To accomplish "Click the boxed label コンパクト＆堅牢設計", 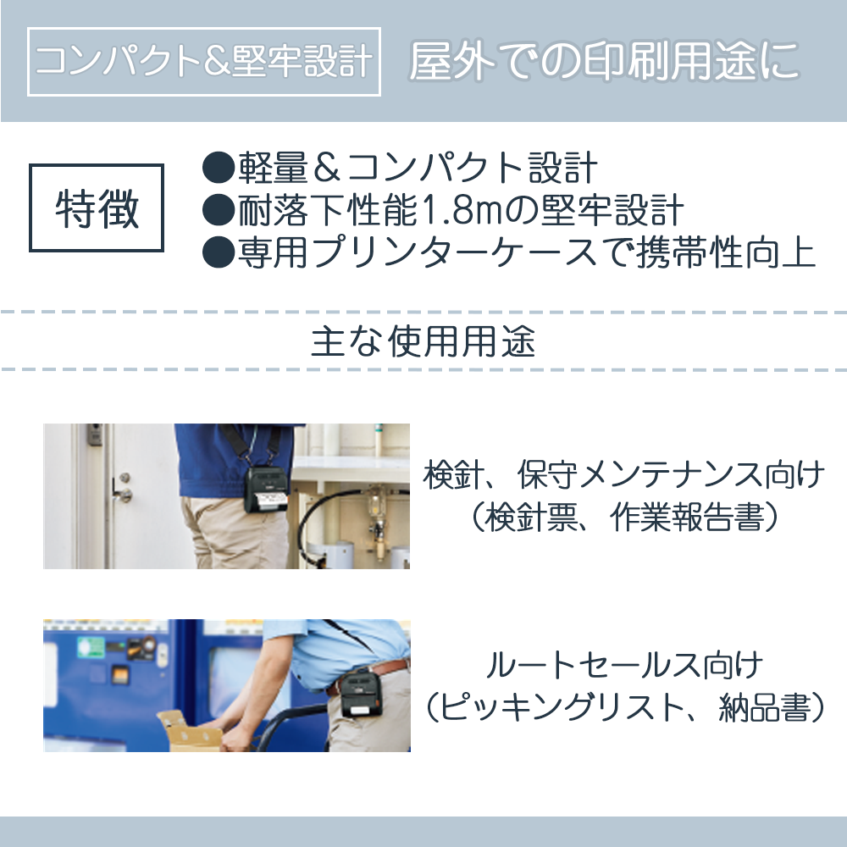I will pos(204,63).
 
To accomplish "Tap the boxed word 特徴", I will pos(97,208).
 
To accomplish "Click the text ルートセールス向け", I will pos(623,667).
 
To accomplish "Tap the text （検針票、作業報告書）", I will pos(623,518).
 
